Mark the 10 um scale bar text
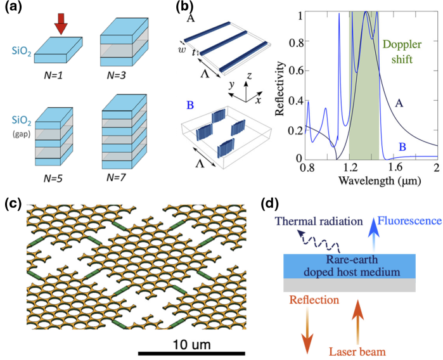(x=189, y=344)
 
